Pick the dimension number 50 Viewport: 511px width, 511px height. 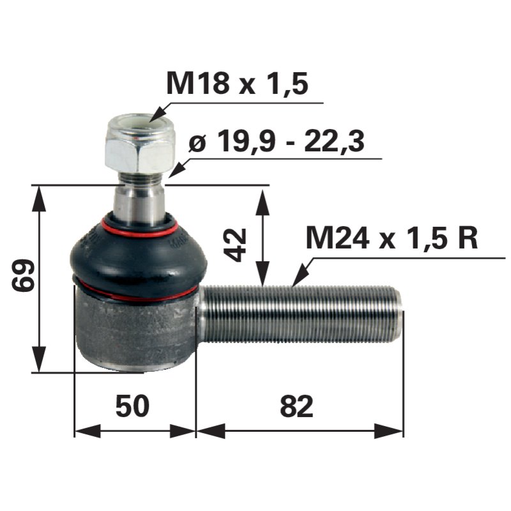click(132, 406)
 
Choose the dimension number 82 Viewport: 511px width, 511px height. click(296, 406)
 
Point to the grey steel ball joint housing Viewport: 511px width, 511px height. click(134, 329)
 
